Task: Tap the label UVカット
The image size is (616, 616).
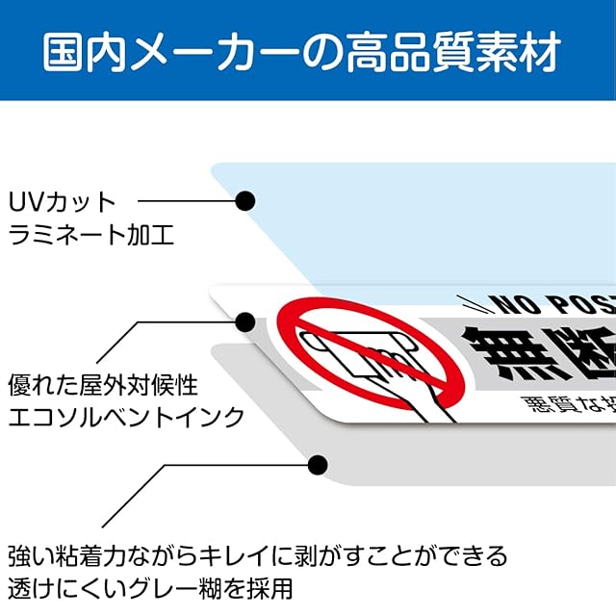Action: [x=62, y=203]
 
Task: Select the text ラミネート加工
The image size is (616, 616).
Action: [x=91, y=234]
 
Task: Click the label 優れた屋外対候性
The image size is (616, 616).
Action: [x=103, y=386]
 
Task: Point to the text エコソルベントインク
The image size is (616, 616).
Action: [x=125, y=417]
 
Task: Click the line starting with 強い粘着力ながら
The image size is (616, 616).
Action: [x=257, y=555]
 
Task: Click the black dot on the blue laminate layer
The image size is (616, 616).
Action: [x=245, y=201]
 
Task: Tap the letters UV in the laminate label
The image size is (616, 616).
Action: [x=23, y=203]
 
